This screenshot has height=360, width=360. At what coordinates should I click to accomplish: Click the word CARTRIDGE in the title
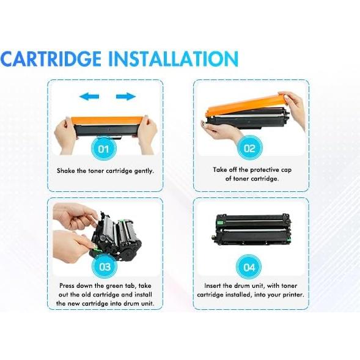(x=51, y=59)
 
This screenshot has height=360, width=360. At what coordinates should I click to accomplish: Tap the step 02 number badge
(x=249, y=148)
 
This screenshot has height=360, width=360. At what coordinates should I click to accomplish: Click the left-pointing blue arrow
(x=89, y=96)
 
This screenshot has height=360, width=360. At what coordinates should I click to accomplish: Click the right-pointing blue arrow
(x=125, y=96)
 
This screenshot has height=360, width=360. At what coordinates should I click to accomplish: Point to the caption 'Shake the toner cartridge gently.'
(x=105, y=171)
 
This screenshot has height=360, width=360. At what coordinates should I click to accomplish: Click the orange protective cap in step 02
(x=244, y=104)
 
